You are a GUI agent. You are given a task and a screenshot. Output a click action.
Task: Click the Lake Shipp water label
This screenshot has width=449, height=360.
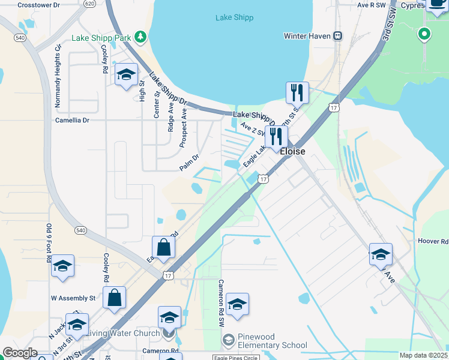point(234,17)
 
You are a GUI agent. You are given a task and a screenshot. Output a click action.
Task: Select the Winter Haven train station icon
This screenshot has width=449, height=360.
point(338,36)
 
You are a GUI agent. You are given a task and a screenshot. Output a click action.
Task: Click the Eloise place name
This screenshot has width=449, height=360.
point(292,152)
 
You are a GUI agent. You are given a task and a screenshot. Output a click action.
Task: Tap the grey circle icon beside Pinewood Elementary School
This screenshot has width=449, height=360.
point(228,341)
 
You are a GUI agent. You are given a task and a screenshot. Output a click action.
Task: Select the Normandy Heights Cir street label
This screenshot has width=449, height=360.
point(58,76)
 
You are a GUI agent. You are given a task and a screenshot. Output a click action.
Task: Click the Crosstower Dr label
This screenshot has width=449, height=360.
point(39,4)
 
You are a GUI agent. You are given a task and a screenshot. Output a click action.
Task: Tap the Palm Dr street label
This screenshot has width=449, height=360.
point(188,163)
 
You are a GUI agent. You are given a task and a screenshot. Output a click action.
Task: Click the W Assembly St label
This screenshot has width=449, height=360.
point(73,298)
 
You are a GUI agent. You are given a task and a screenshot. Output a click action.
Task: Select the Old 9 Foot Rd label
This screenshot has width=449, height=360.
point(49,243)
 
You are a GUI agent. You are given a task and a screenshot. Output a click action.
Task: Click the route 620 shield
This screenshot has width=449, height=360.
point(89,4)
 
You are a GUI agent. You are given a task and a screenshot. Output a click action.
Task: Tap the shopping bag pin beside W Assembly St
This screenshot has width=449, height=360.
point(115,297)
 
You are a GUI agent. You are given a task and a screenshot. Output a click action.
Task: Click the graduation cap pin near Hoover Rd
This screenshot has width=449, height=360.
point(381,255)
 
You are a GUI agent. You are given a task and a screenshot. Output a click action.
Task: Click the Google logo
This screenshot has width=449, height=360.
point(19,353)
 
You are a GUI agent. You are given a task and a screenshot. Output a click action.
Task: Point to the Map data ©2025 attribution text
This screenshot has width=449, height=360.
point(423,355)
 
